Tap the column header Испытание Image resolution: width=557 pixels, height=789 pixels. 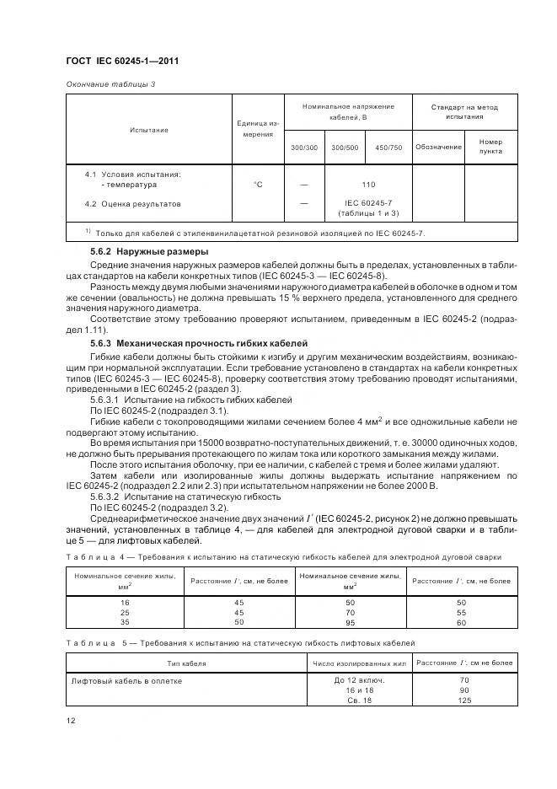point(148,130)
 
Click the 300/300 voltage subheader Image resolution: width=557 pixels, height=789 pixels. point(303,148)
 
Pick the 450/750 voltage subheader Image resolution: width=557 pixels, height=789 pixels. point(388,148)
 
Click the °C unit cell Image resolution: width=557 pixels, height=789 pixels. point(258,184)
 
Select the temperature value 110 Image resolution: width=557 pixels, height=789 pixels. point(368,184)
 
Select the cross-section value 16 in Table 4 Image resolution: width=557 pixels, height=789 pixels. point(125,603)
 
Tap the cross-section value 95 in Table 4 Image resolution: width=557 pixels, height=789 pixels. point(350,621)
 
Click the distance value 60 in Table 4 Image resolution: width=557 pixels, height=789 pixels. point(460,621)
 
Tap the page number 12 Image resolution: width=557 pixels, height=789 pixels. point(71,721)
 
